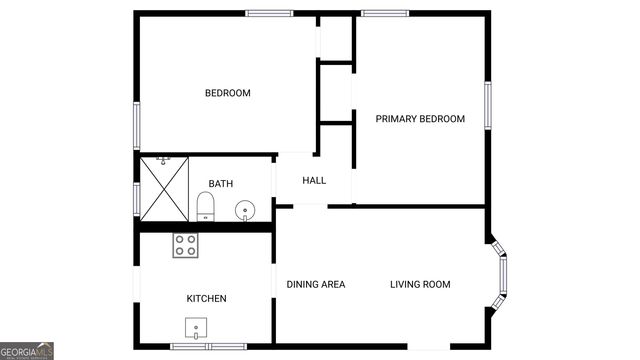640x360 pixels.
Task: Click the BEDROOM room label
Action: coord(227,93)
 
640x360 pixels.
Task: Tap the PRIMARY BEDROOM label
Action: coord(420,119)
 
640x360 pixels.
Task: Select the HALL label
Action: coord(314,181)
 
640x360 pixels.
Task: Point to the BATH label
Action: coord(220,184)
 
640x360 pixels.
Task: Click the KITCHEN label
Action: coord(206,299)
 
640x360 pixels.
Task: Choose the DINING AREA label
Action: coord(316,285)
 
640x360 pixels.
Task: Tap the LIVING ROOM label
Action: coord(420,285)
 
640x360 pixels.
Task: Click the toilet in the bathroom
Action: coord(205,207)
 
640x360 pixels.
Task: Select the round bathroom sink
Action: coord(244,211)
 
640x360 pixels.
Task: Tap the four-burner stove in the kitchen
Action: coord(185,245)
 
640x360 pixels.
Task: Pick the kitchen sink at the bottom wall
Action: coord(196,328)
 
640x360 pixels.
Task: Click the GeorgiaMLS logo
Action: coord(27,351)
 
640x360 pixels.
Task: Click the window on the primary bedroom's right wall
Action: coord(488,105)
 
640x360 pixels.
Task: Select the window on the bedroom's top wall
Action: coord(269,13)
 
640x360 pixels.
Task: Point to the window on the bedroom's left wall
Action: coord(137,125)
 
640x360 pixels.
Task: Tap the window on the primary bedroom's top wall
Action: coord(384,13)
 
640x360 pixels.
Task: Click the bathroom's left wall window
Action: coord(137,197)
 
